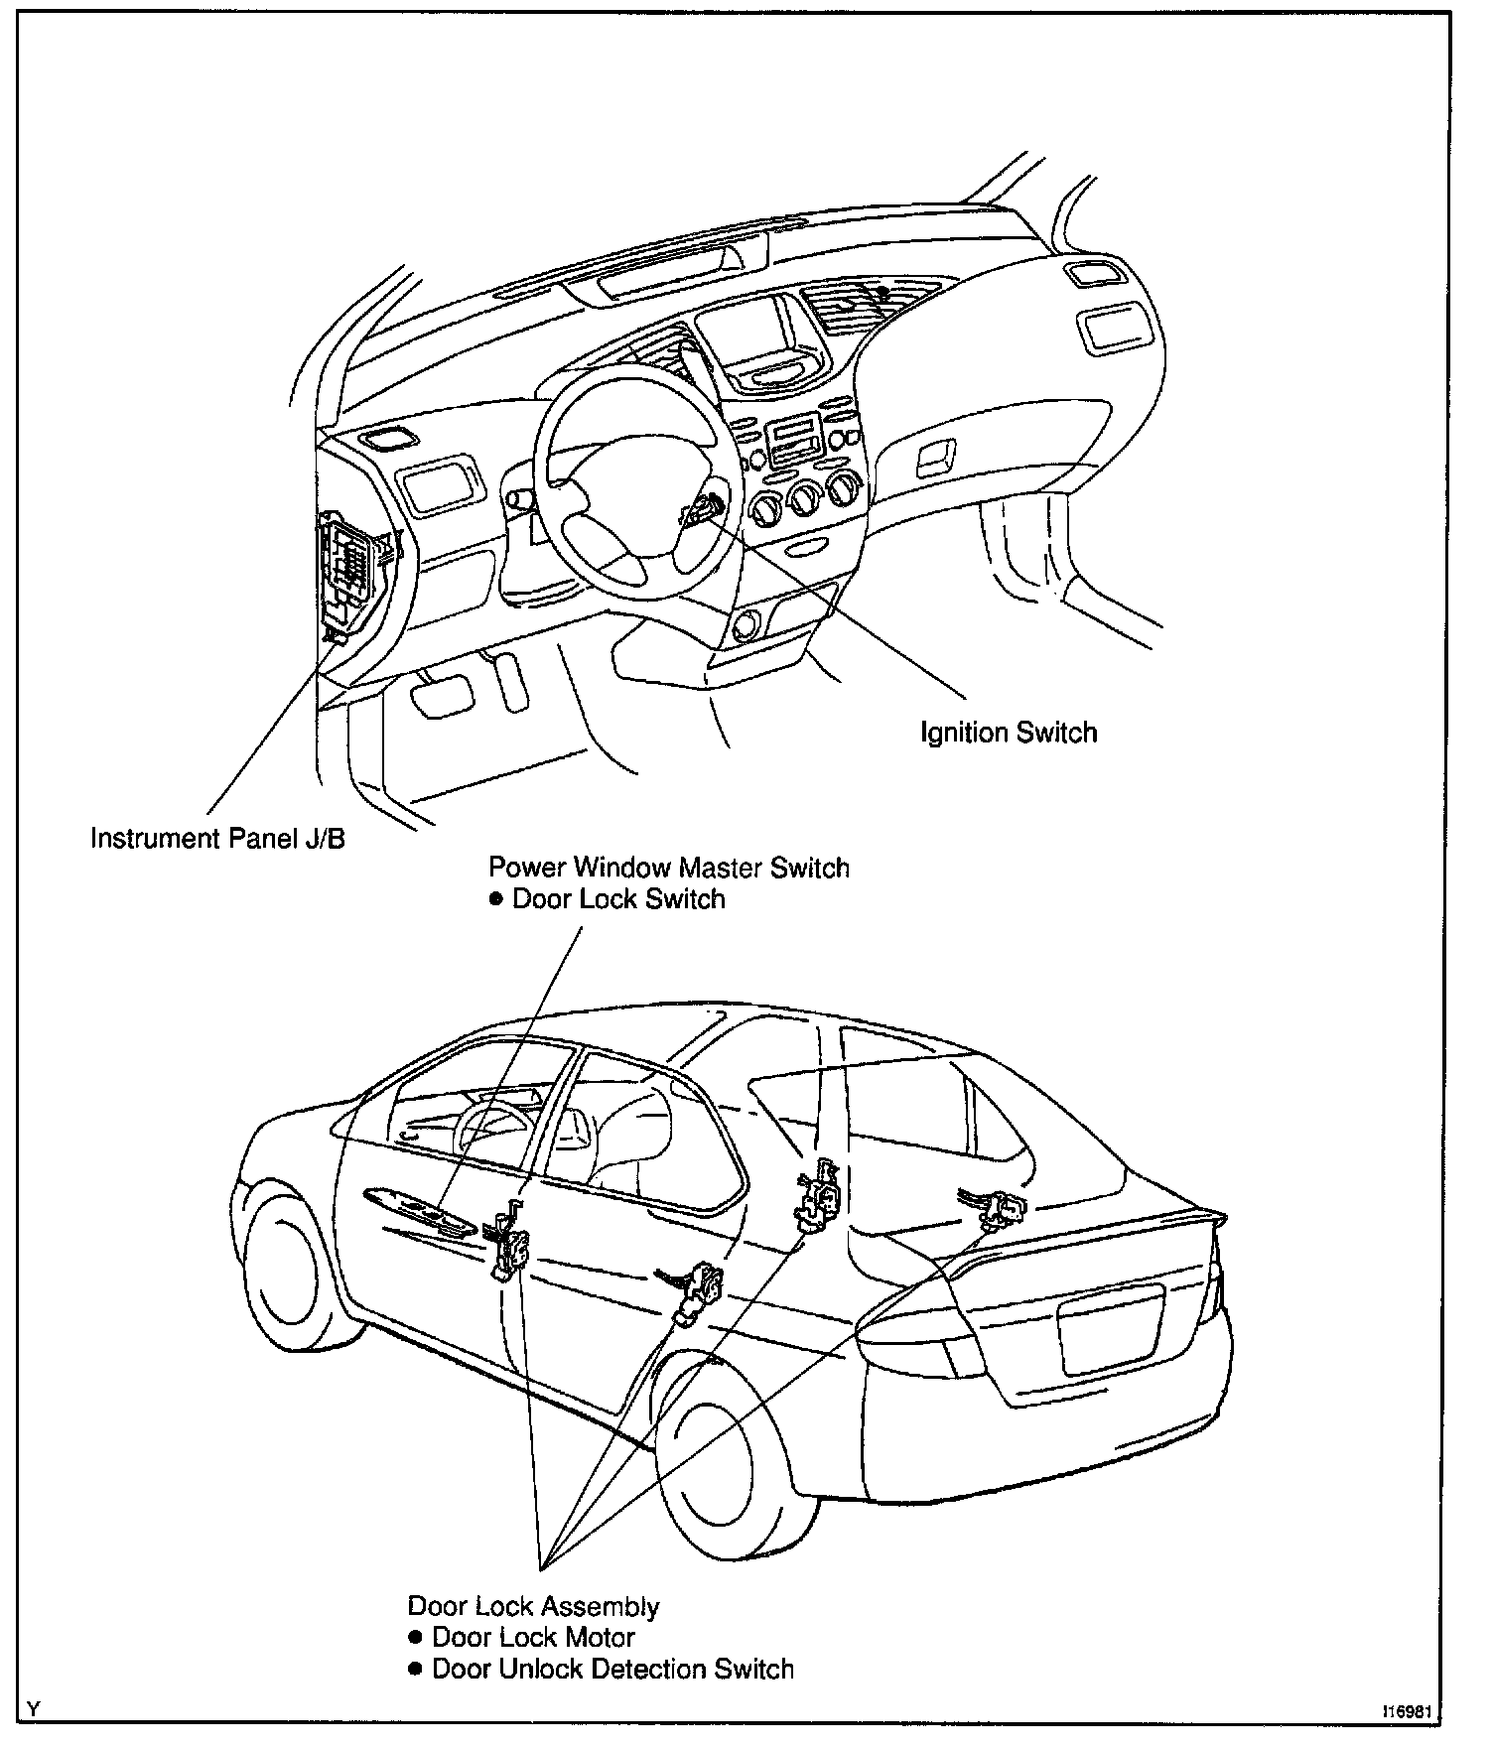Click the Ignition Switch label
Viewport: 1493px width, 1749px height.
[x=1009, y=734]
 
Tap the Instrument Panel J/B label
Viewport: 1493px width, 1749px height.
[x=217, y=838]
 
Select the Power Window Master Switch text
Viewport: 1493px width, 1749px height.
[x=668, y=868]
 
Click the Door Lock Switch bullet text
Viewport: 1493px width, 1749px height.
[x=617, y=899]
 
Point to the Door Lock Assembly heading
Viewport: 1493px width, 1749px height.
[x=533, y=1606]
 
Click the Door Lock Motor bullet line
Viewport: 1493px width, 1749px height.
[x=532, y=1637]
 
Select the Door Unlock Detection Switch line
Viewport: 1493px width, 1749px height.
[x=611, y=1669]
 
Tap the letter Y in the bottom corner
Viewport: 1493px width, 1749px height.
[x=35, y=1709]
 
